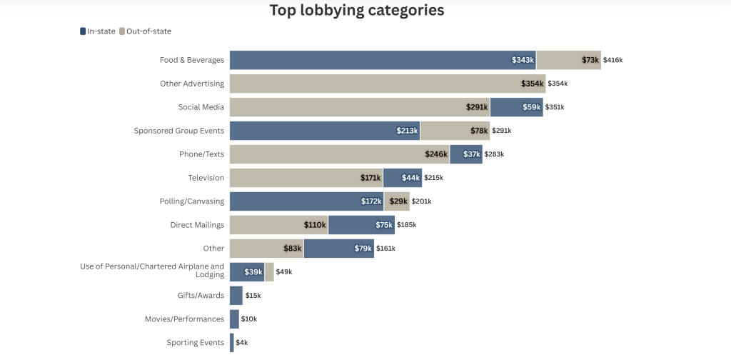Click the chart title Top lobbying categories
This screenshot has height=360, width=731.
click(356, 10)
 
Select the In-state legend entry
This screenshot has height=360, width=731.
click(96, 31)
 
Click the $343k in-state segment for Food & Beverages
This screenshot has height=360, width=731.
click(382, 60)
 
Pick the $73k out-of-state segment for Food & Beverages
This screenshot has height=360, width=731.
click(568, 60)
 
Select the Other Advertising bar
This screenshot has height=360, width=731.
click(387, 84)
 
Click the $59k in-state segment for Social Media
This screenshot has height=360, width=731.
click(516, 107)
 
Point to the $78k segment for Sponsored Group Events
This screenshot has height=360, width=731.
click(455, 131)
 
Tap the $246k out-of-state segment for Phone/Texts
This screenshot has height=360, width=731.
click(339, 154)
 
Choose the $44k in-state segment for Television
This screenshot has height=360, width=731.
click(403, 178)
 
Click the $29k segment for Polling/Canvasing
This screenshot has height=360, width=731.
click(397, 201)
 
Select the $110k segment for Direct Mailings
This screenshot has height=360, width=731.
click(278, 225)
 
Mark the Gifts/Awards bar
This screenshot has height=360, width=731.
click(236, 296)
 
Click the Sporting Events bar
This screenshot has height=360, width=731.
click(232, 343)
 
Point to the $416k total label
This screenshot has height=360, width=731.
click(612, 60)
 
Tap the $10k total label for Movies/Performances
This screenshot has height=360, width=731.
click(249, 319)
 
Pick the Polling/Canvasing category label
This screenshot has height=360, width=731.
click(192, 201)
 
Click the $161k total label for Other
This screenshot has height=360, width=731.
click(385, 249)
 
